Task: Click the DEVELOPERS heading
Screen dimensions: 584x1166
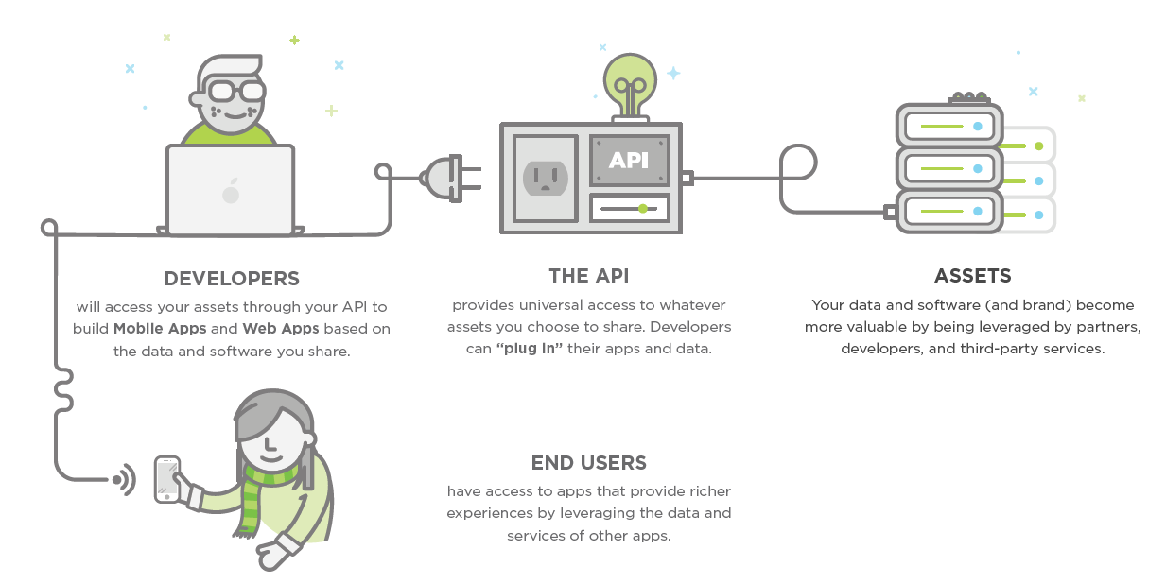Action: pos(232,279)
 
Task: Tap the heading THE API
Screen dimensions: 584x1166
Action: pos(588,276)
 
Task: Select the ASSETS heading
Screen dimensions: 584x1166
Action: pos(972,276)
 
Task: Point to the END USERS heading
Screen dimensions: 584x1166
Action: pos(588,463)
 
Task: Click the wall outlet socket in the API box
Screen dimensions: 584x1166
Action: pos(545,177)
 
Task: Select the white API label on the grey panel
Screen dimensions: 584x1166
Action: pos(629,160)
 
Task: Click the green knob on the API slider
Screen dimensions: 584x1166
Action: pos(643,208)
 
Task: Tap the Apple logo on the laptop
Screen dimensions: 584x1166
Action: pos(231,193)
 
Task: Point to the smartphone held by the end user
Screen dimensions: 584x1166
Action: pos(167,479)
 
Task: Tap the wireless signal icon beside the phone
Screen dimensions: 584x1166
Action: pos(124,480)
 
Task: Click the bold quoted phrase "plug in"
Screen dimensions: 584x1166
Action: pos(530,349)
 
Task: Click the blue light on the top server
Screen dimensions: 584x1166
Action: pos(978,126)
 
